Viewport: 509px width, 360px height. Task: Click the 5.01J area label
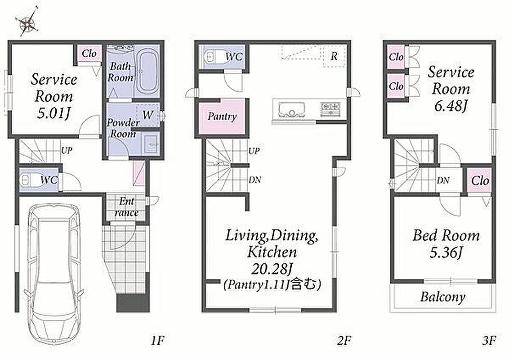[x=54, y=113]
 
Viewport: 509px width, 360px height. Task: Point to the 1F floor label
[x=158, y=341]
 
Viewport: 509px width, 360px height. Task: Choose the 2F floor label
[x=344, y=341]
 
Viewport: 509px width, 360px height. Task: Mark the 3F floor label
[x=489, y=341]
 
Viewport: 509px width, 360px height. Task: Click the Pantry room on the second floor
[x=222, y=116]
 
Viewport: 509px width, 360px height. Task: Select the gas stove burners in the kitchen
[x=330, y=109]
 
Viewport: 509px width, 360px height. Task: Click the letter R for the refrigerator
[x=334, y=57]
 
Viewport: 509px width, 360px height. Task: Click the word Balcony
[x=443, y=297]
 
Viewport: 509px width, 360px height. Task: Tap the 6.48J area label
[x=451, y=106]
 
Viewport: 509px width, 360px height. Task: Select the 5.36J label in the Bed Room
[x=446, y=252]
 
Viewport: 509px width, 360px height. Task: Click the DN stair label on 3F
[x=443, y=180]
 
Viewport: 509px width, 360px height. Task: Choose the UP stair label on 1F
[x=67, y=150]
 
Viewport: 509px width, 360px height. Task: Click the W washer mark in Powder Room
[x=147, y=115]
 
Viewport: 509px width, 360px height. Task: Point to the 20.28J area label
[x=272, y=268]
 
